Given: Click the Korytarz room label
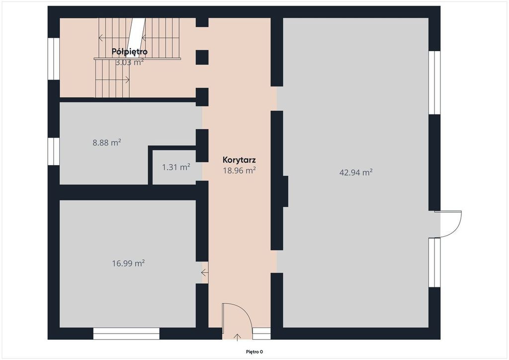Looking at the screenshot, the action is (239, 160).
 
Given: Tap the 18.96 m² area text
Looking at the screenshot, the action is (239, 171).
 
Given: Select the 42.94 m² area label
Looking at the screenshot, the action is (356, 173).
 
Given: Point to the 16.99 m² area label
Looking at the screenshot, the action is (128, 263).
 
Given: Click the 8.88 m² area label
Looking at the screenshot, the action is (107, 143).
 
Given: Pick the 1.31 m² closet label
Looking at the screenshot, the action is (176, 167).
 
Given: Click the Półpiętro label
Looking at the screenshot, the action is (130, 51).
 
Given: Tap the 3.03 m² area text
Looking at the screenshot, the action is (130, 62).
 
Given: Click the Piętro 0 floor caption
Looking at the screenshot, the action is (254, 352).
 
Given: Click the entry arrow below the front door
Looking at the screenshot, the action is (237, 337).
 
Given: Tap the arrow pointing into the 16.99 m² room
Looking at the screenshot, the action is (205, 272).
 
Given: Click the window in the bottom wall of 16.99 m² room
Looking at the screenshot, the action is (126, 333).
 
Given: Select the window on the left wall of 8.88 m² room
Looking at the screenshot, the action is (54, 151).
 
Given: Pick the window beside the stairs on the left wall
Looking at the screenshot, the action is (54, 59).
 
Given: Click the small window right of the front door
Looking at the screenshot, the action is (261, 333).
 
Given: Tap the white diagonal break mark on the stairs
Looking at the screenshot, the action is (136, 38).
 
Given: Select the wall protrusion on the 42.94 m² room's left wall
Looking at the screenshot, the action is (285, 191).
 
